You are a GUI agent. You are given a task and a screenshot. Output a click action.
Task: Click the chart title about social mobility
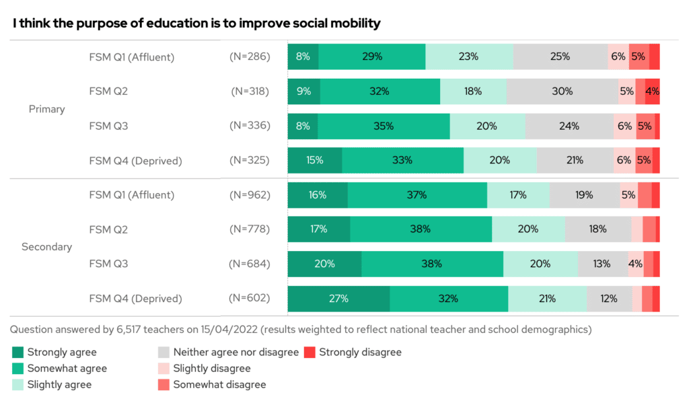tap(196, 23)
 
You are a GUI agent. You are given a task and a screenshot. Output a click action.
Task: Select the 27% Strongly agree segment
tap(338, 299)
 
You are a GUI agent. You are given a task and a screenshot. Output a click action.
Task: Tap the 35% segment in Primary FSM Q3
tap(384, 126)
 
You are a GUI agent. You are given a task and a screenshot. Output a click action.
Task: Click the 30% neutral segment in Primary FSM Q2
tap(562, 91)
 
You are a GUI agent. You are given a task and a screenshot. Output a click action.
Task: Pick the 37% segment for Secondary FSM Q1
tap(417, 195)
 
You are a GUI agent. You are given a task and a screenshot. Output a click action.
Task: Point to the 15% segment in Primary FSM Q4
tap(315, 161)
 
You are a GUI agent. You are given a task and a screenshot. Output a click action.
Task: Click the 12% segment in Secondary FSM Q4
tap(609, 299)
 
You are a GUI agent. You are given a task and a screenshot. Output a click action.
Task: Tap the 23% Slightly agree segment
tap(469, 57)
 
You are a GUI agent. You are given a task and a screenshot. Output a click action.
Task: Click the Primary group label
tap(46, 109)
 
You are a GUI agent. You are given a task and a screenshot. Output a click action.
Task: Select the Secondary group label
tap(46, 247)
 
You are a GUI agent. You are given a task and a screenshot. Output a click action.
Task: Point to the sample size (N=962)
tap(250, 195)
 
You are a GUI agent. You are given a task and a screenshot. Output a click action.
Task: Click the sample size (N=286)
tap(250, 57)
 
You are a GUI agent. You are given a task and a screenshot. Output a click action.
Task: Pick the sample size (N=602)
tap(250, 299)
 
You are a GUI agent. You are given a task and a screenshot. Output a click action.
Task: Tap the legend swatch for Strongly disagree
tap(310, 352)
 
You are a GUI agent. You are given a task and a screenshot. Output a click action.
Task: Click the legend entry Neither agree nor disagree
tap(235, 352)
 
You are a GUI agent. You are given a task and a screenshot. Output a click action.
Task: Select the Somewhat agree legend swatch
tap(18, 369)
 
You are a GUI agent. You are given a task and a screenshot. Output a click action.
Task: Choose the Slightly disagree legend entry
tap(211, 369)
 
